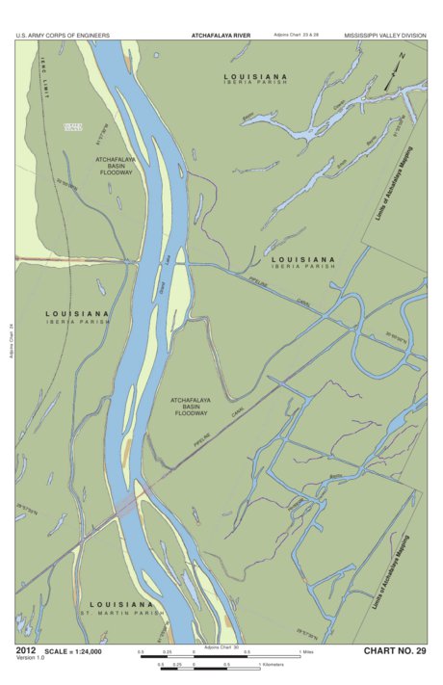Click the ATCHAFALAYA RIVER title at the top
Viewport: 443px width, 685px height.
[221, 35]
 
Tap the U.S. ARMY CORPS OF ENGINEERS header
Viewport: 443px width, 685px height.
[63, 35]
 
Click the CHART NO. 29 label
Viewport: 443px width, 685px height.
[394, 652]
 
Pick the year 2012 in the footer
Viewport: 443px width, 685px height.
[27, 651]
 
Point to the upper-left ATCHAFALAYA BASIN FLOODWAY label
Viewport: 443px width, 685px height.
[118, 165]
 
